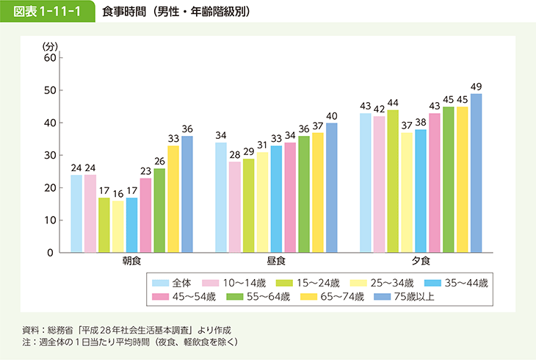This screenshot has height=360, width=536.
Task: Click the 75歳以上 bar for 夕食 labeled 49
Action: pos(477,173)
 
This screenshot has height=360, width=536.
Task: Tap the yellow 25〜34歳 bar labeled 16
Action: pos(117,227)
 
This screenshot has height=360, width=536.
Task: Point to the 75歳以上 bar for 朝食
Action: pos(187,195)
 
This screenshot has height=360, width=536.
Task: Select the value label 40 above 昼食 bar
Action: pos(332,116)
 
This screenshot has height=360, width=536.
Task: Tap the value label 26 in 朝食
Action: pos(159,162)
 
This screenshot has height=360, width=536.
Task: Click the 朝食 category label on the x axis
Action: pos(132,262)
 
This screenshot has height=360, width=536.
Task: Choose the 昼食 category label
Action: pos(276,262)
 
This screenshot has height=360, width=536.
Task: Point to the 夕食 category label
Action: pos(421,262)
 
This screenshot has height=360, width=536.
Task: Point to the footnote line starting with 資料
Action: pos(131,329)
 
